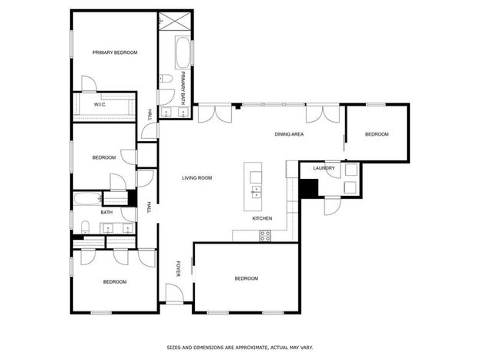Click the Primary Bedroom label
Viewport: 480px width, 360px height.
pyautogui.click(x=115, y=52)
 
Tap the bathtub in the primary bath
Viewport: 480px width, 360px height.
pyautogui.click(x=183, y=52)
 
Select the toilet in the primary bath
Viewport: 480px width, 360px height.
pyautogui.click(x=166, y=79)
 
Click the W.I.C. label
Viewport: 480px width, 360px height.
pyautogui.click(x=100, y=105)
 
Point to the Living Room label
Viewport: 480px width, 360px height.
pyautogui.click(x=196, y=178)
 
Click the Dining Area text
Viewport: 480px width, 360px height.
pyautogui.click(x=289, y=134)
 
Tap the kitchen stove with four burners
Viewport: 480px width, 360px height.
pyautogui.click(x=265, y=236)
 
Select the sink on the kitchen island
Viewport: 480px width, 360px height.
pyautogui.click(x=255, y=192)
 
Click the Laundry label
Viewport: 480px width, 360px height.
pyautogui.click(x=324, y=168)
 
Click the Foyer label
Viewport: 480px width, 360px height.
pyautogui.click(x=179, y=269)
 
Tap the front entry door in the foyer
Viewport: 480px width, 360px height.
pyautogui.click(x=174, y=293)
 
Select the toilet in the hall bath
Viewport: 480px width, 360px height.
pyautogui.click(x=85, y=227)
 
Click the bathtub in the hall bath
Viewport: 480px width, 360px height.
pyautogui.click(x=88, y=199)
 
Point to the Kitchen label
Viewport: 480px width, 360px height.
pyautogui.click(x=262, y=218)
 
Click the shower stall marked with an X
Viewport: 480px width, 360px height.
pyautogui.click(x=175, y=21)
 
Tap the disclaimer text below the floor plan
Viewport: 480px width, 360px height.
pyautogui.click(x=240, y=348)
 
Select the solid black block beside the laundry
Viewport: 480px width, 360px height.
pyautogui.click(x=309, y=188)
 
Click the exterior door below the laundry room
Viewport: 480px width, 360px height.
pyautogui.click(x=332, y=206)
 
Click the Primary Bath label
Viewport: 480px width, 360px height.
pyautogui.click(x=183, y=88)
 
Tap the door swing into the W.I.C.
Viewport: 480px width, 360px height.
pyautogui.click(x=89, y=84)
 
